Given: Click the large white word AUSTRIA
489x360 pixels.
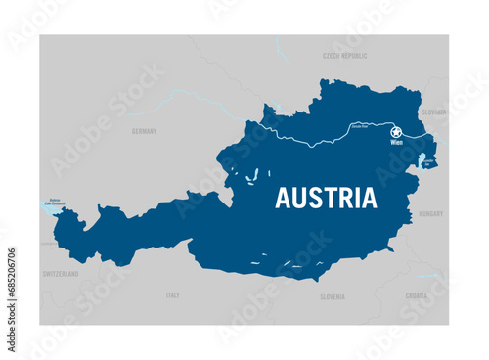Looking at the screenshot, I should pyautogui.click(x=326, y=198).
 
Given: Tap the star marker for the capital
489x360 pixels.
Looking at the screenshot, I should pyautogui.click(x=396, y=132).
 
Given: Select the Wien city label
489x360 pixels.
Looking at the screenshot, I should pyautogui.click(x=396, y=143).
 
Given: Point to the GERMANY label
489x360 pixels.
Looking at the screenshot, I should pyautogui.click(x=144, y=130).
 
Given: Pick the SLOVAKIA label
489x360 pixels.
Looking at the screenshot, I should pyautogui.click(x=432, y=112).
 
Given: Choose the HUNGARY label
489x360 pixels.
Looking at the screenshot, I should pyautogui.click(x=430, y=213).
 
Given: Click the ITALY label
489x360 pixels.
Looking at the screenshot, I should pyautogui.click(x=173, y=294).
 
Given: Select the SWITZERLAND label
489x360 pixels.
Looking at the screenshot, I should pyautogui.click(x=61, y=275).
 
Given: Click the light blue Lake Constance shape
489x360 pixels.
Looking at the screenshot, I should pyautogui.click(x=51, y=207).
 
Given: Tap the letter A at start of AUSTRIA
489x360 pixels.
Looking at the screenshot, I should pyautogui.click(x=283, y=198).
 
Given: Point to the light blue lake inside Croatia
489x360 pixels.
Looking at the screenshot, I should pyautogui.click(x=429, y=276).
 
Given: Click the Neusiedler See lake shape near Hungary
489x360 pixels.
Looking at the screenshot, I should pyautogui.click(x=422, y=167).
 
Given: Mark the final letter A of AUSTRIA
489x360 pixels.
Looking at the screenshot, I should pyautogui.click(x=368, y=198).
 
